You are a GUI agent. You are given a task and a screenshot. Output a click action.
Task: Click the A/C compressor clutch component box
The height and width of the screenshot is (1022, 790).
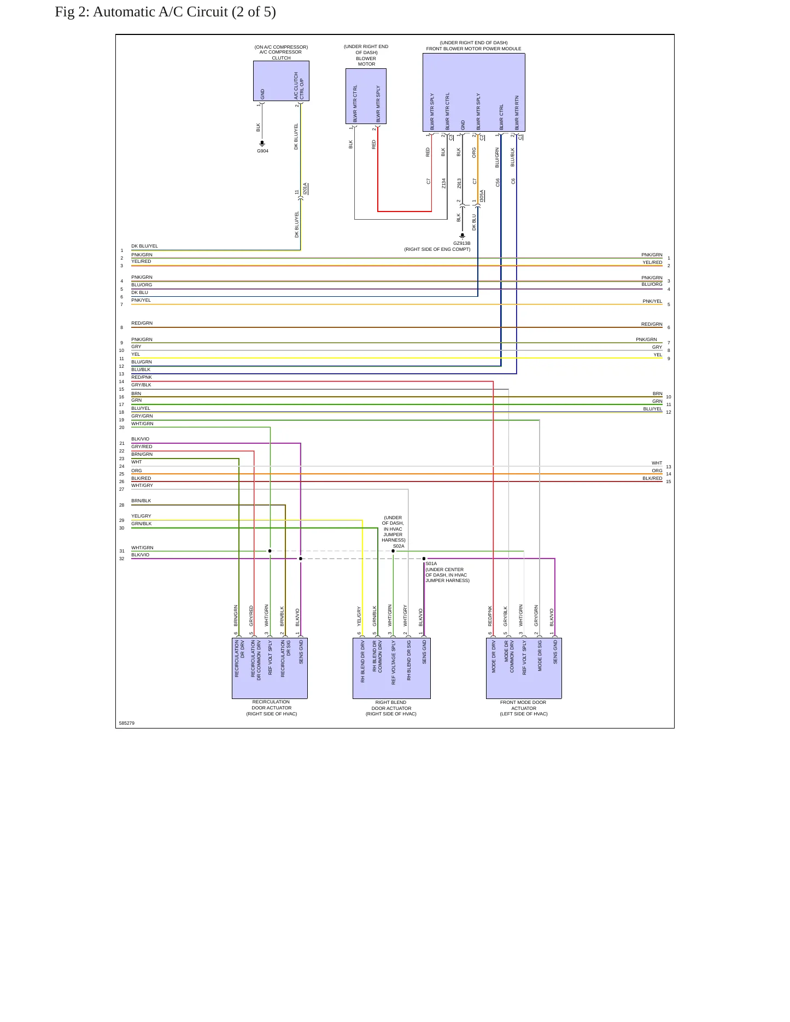pos(281,81)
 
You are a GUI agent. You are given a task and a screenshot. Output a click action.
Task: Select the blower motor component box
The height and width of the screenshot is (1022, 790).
pos(366,96)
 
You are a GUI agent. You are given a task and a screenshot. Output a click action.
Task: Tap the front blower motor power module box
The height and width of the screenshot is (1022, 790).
pos(473,93)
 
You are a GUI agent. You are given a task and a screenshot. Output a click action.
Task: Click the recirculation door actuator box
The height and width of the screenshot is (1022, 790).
pos(270,668)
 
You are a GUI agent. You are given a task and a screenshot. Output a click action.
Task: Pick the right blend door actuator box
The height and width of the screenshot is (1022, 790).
pos(391,668)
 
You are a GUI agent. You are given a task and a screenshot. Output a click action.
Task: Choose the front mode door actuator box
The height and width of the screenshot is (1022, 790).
pos(524,668)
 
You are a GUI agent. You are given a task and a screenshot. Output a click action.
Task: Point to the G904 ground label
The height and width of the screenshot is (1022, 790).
pos(262,151)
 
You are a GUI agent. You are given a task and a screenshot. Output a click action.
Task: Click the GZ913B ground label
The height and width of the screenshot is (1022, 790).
pos(461,243)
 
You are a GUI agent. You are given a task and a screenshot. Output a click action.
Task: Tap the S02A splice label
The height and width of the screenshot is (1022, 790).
pos(399,546)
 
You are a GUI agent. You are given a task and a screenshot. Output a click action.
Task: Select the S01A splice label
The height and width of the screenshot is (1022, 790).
pos(431,563)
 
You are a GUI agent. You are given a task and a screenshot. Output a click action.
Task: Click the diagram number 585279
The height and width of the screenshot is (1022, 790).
pos(127,723)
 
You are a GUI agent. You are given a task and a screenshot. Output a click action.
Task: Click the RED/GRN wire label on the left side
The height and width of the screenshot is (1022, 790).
pos(142,323)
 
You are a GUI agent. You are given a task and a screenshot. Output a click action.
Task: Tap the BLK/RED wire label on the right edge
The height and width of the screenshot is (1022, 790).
pos(652,478)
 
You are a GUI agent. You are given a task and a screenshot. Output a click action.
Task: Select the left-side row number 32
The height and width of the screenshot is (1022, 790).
pos(122,559)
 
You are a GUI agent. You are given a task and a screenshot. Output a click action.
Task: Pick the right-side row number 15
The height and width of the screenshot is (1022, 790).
pos(669,481)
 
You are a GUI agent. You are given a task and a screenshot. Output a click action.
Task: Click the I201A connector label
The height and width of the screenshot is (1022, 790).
pos(305,189)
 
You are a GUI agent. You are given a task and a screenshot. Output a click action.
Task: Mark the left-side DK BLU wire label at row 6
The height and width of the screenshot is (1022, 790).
pos(139,292)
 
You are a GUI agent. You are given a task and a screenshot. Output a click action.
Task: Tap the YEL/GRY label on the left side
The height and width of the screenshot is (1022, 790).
pos(141,516)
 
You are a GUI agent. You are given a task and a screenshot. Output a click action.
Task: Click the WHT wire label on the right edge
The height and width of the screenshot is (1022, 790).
pos(657,463)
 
